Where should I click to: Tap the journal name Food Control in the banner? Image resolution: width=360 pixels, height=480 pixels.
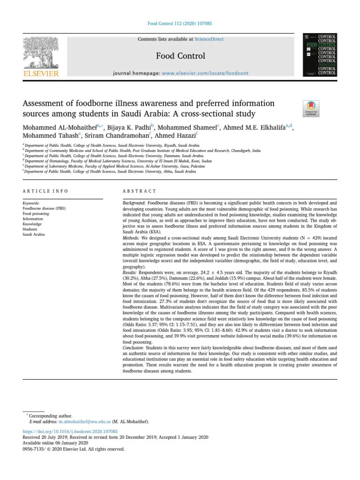click(180, 56)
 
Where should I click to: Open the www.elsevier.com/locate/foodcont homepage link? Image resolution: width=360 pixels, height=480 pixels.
click(205, 74)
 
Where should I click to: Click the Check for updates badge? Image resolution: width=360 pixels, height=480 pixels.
click(311, 108)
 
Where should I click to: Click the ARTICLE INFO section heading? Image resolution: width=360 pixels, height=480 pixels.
click(45, 191)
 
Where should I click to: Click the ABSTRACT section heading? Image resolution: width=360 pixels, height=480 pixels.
click(139, 191)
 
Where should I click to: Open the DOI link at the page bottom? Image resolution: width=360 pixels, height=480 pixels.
click(70, 431)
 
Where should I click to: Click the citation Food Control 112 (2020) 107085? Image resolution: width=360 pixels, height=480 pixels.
click(180, 23)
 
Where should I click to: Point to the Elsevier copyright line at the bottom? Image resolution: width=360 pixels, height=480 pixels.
click(73, 449)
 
